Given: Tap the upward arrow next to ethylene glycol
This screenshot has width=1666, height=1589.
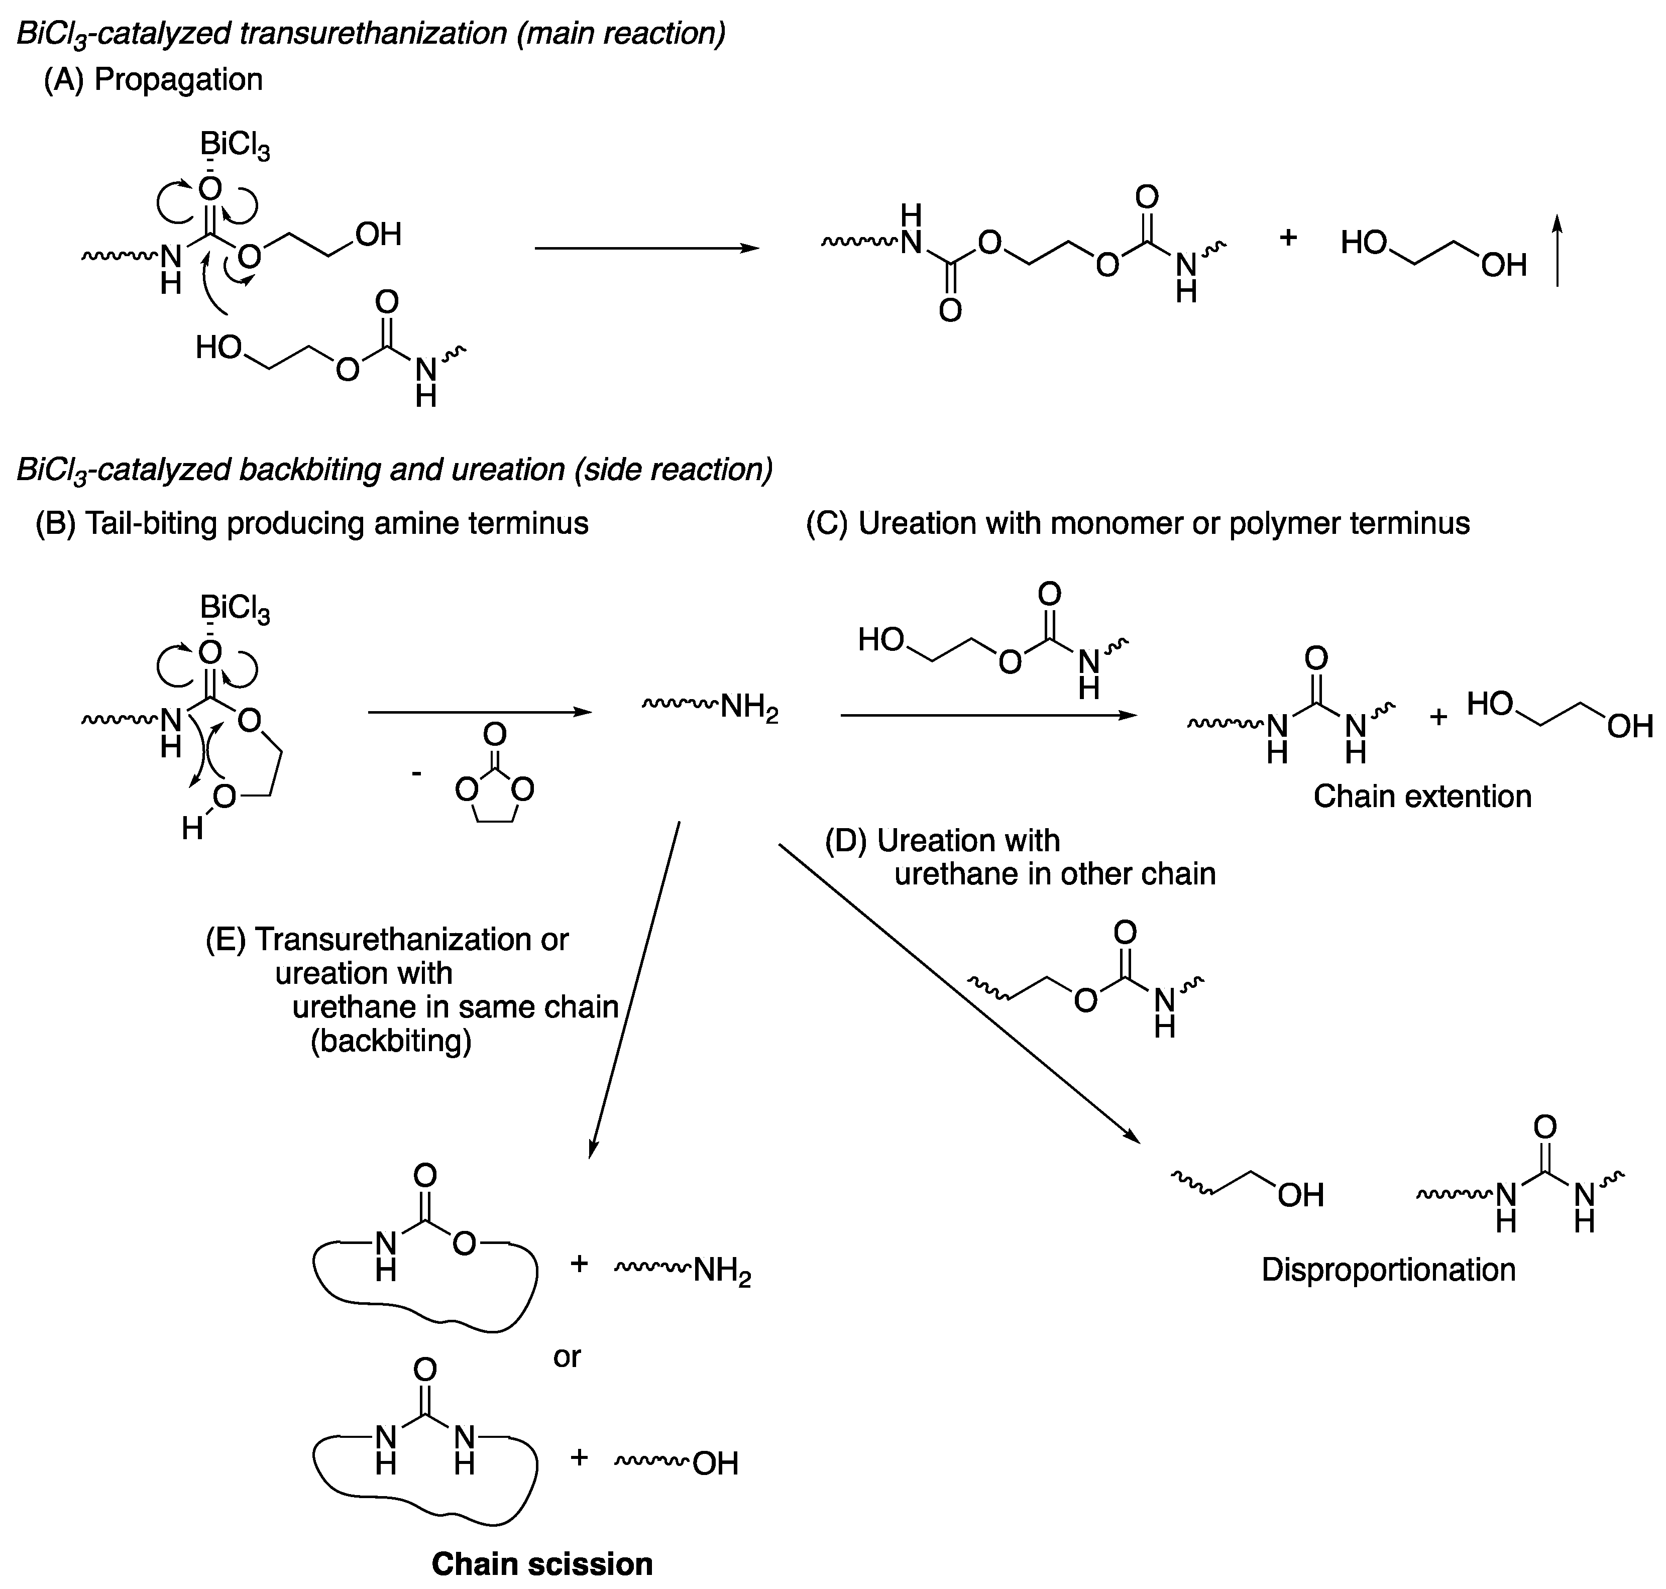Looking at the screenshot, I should [1557, 251].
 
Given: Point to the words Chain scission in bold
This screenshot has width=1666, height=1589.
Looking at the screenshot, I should [542, 1563].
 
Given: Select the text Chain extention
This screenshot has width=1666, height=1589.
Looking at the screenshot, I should [1422, 796].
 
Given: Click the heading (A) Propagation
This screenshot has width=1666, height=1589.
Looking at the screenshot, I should [153, 79].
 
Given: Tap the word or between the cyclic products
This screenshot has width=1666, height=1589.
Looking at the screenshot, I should [567, 1356].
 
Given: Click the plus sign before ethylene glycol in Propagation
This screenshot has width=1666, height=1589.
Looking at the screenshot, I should [1287, 238].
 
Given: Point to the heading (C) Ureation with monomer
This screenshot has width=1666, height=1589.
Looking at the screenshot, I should [1138, 523].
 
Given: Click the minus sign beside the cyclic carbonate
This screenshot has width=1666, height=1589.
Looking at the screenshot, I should [416, 772].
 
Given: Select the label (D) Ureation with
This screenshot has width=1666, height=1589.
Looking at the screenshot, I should [942, 840].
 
